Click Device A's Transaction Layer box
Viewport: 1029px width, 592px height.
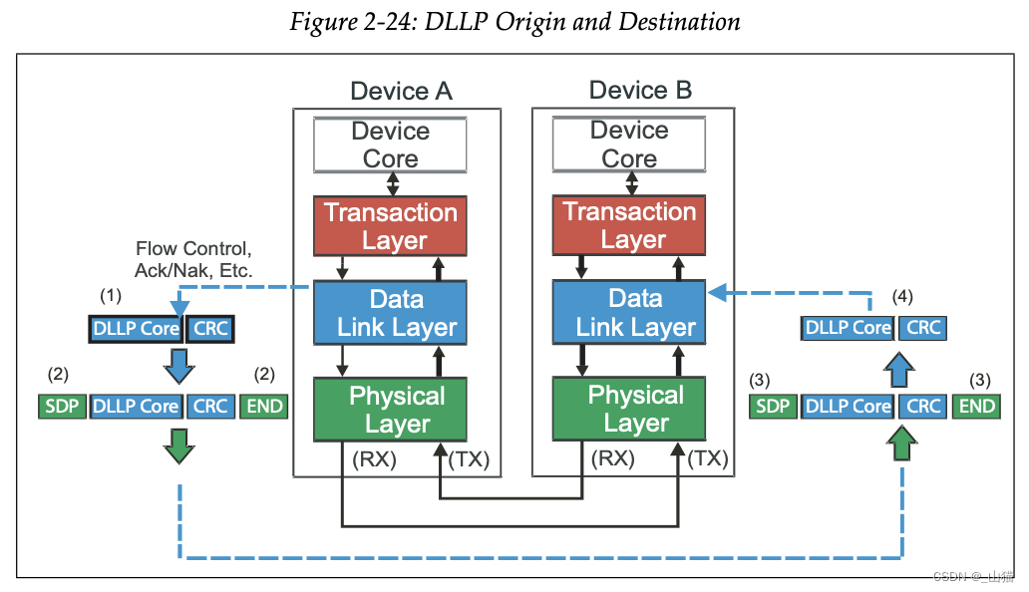point(390,225)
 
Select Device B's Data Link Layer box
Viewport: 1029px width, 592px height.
point(629,312)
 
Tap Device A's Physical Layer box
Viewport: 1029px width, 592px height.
point(390,409)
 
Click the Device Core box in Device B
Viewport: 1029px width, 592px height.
point(629,145)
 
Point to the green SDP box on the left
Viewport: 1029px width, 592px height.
point(62,407)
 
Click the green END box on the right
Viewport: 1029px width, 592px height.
point(976,407)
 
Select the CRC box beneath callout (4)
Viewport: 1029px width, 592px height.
point(922,328)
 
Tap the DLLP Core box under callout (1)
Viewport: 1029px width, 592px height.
point(136,329)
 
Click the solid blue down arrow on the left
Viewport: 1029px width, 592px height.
point(179,366)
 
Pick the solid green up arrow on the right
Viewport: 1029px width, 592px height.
point(901,444)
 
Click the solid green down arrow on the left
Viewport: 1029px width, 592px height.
point(179,446)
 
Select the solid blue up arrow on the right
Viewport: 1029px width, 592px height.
point(899,370)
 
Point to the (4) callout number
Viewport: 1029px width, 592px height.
point(902,296)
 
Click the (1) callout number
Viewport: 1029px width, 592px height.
point(111,296)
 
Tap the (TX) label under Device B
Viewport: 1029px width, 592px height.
point(708,458)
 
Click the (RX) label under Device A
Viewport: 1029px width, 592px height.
point(374,458)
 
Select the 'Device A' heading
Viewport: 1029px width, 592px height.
point(401,91)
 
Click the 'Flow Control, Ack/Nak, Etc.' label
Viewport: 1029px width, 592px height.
point(193,259)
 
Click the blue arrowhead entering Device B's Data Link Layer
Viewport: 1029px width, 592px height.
point(717,292)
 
